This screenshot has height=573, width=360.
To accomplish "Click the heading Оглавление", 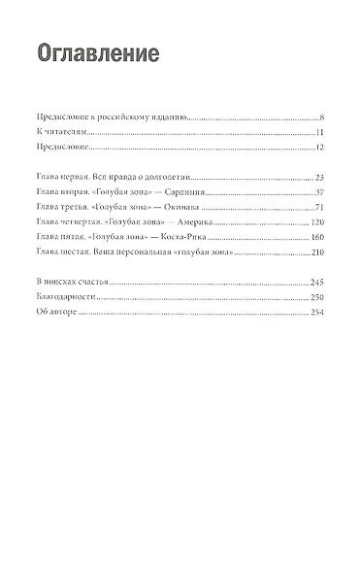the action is [96, 52].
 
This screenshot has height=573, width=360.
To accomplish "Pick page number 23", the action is [317, 178].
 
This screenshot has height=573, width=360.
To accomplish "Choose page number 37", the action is [317, 192].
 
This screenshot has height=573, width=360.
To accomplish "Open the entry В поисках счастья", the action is [76, 282].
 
